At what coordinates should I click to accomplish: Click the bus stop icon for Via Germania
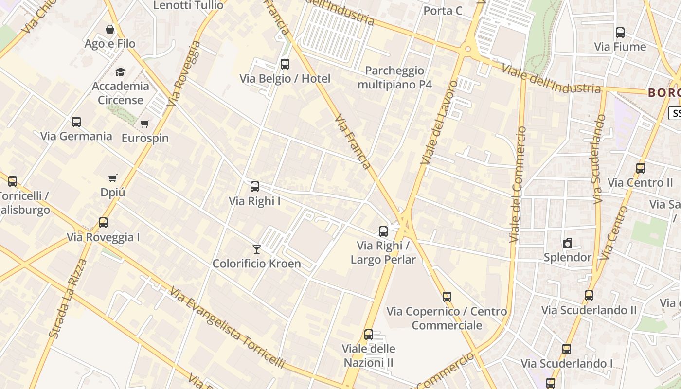(76, 122)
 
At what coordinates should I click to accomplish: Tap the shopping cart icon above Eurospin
(144, 124)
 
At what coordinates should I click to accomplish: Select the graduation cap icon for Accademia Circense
(120, 72)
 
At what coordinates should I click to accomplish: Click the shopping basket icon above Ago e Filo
(110, 30)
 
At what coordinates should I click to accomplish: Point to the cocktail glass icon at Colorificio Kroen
(257, 249)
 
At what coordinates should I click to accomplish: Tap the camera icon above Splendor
(567, 243)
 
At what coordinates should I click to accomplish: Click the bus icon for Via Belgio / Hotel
(285, 64)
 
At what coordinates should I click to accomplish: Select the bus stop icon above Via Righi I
(254, 187)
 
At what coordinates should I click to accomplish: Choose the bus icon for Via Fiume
(620, 33)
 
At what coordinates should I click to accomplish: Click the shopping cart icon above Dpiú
(113, 178)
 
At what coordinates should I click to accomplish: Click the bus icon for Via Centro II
(641, 169)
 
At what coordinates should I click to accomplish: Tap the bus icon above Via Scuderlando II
(589, 296)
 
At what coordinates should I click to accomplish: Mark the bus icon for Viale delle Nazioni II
(369, 335)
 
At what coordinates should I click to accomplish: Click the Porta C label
(443, 11)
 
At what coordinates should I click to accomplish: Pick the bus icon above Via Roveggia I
(103, 223)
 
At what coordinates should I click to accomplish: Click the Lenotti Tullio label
(188, 5)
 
